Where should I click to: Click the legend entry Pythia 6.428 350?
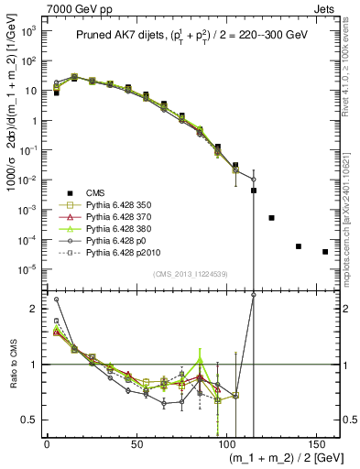click(127, 205)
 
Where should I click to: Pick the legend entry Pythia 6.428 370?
click(127, 218)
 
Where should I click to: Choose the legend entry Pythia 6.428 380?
click(127, 230)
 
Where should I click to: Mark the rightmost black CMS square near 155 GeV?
click(325, 252)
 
